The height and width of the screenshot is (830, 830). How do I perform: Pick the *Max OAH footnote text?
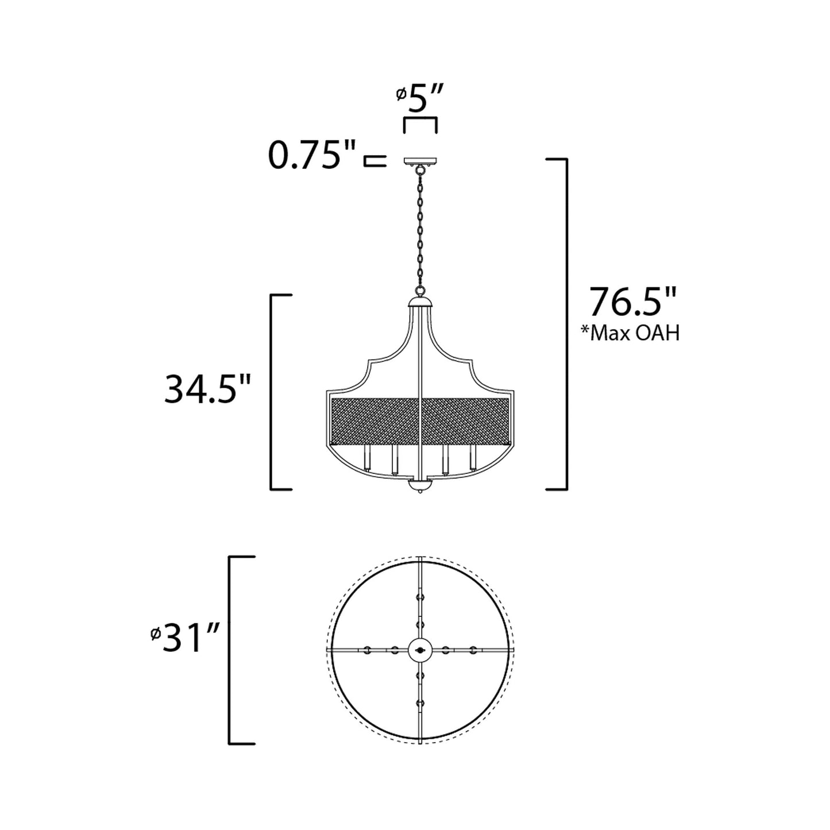tap(630, 333)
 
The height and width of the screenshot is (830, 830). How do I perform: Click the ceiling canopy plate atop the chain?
tap(420, 162)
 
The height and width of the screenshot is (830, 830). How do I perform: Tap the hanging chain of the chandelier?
tap(420, 230)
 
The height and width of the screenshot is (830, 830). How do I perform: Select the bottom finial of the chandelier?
tap(420, 488)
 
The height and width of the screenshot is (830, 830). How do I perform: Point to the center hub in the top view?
tap(420, 650)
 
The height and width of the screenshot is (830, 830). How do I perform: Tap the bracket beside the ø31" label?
tap(233, 650)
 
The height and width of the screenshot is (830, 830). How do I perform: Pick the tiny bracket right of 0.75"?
tap(373, 160)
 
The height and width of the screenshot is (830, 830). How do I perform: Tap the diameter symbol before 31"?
tap(155, 634)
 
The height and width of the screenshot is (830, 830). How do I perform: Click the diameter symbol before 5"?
tap(402, 94)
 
